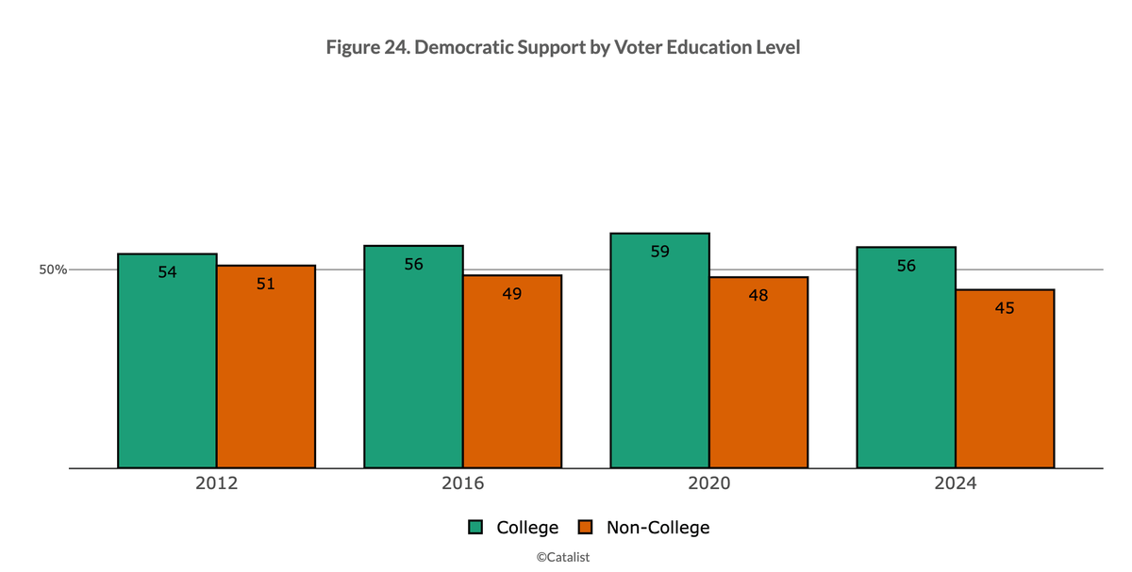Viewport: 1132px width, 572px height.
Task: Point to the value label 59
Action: click(659, 252)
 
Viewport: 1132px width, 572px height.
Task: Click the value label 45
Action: click(1005, 307)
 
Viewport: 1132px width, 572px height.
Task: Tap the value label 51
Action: click(266, 284)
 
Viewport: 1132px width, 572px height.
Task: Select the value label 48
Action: click(758, 295)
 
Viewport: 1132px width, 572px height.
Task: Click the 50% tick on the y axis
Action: click(53, 270)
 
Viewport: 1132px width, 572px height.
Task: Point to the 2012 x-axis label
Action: click(216, 484)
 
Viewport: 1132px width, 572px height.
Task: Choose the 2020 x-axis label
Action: click(708, 484)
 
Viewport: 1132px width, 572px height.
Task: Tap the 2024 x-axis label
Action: click(955, 484)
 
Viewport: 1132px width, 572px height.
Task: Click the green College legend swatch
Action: click(477, 528)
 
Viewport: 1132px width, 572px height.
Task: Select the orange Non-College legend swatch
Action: click(585, 528)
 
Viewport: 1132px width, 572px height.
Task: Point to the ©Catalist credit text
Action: click(563, 557)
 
